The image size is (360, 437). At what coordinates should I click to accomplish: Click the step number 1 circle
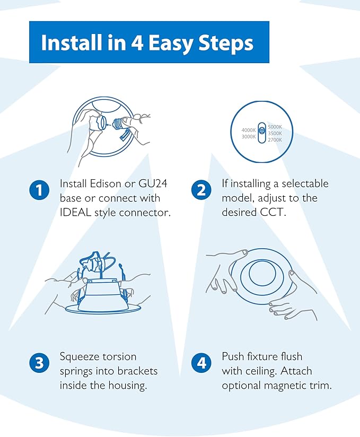click(39, 190)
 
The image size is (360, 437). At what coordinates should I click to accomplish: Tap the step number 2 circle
click(201, 190)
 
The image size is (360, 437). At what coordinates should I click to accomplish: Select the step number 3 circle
click(39, 363)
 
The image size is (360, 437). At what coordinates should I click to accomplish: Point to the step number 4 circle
click(201, 363)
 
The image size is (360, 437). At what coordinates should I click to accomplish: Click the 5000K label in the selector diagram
click(275, 127)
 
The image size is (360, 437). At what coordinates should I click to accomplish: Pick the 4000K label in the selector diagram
click(249, 130)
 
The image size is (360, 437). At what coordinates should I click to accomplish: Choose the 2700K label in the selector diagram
click(275, 139)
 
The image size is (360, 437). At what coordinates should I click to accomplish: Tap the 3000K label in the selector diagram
click(249, 136)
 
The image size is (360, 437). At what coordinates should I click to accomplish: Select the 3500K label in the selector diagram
click(275, 133)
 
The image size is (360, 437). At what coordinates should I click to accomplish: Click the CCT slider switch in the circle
click(261, 133)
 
